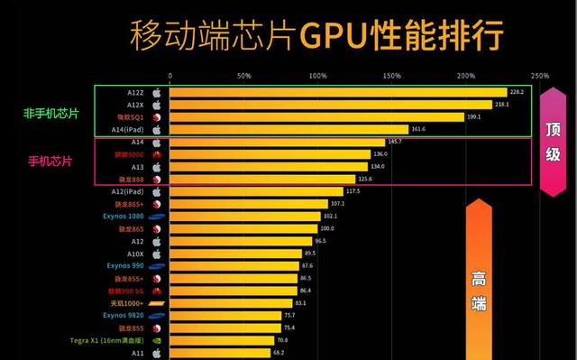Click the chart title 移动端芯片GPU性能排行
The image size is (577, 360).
[316, 35]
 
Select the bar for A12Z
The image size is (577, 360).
[338, 92]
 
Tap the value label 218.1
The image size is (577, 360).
[501, 105]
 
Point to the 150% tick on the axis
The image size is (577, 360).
[391, 76]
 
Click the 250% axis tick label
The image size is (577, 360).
[540, 76]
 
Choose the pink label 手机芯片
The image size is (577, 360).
[50, 162]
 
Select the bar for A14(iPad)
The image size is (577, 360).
[288, 130]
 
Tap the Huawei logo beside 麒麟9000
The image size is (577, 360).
[156, 154]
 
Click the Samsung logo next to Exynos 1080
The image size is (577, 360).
[156, 217]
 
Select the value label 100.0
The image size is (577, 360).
[326, 229]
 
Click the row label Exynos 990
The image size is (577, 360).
[125, 266]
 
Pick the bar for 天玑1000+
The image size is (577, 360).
[231, 304]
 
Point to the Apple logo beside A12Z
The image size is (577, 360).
[156, 92]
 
